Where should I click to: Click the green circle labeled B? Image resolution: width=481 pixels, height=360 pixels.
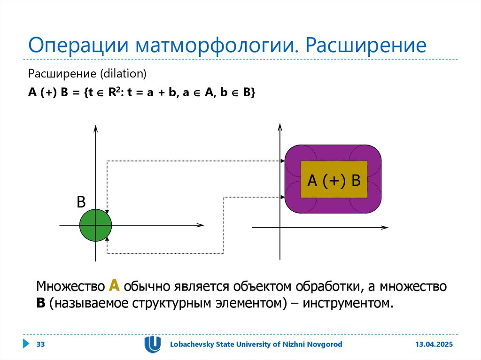95,226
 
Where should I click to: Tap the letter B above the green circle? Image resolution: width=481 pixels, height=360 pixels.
81,202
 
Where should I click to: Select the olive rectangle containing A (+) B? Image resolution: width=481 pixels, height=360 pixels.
334,180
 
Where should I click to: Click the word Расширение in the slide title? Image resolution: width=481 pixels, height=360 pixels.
366,46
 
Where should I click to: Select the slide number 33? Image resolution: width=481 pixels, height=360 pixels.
40,345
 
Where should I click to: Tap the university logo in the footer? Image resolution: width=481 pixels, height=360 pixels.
152,344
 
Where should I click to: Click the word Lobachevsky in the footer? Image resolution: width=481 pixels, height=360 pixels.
192,345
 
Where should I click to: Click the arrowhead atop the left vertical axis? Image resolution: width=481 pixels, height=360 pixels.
95,129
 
